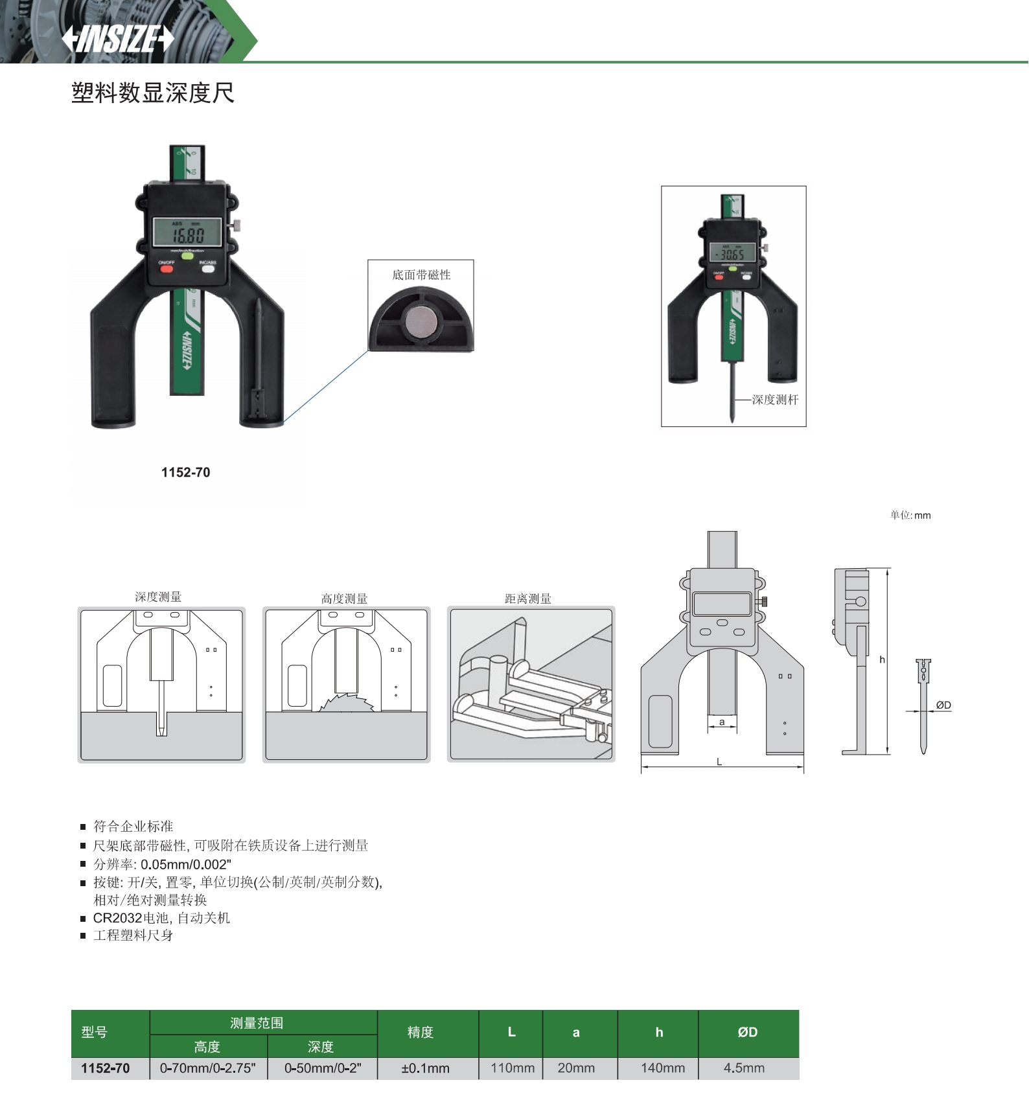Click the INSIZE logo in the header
pyautogui.click(x=118, y=39)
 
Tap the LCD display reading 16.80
pyautogui.click(x=187, y=233)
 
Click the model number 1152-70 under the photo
pyautogui.click(x=185, y=473)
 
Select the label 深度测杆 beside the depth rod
pyautogui.click(x=775, y=400)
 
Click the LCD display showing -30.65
pyautogui.click(x=733, y=253)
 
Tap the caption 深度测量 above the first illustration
pyautogui.click(x=158, y=597)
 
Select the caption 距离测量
pyautogui.click(x=528, y=599)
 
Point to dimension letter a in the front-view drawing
pyautogui.click(x=722, y=722)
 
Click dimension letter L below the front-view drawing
pyautogui.click(x=719, y=762)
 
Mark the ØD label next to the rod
pyautogui.click(x=943, y=705)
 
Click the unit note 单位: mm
pyautogui.click(x=910, y=516)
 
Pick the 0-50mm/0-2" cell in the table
pyautogui.click(x=322, y=1068)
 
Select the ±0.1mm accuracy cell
pyautogui.click(x=425, y=1068)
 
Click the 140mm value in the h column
pyautogui.click(x=662, y=1068)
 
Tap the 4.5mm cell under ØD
pyautogui.click(x=744, y=1068)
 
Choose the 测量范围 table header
pyautogui.click(x=257, y=1023)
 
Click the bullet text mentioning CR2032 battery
pyautogui.click(x=161, y=918)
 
